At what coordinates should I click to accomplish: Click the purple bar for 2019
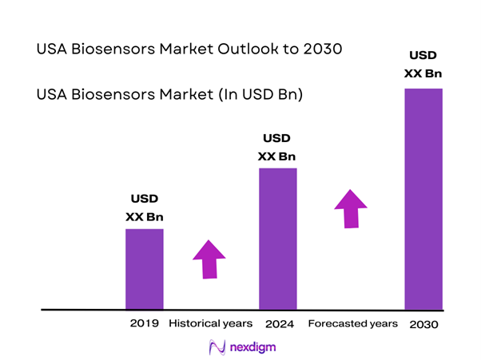144,269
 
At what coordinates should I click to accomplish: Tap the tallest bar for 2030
423,198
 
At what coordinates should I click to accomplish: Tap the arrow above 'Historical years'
209,259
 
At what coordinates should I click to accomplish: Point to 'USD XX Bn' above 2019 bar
145,207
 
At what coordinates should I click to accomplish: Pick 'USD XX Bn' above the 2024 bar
277,147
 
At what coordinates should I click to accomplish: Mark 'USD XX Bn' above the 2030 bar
423,65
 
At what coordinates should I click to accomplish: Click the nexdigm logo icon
216,348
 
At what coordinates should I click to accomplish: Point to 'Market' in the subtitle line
177,96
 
